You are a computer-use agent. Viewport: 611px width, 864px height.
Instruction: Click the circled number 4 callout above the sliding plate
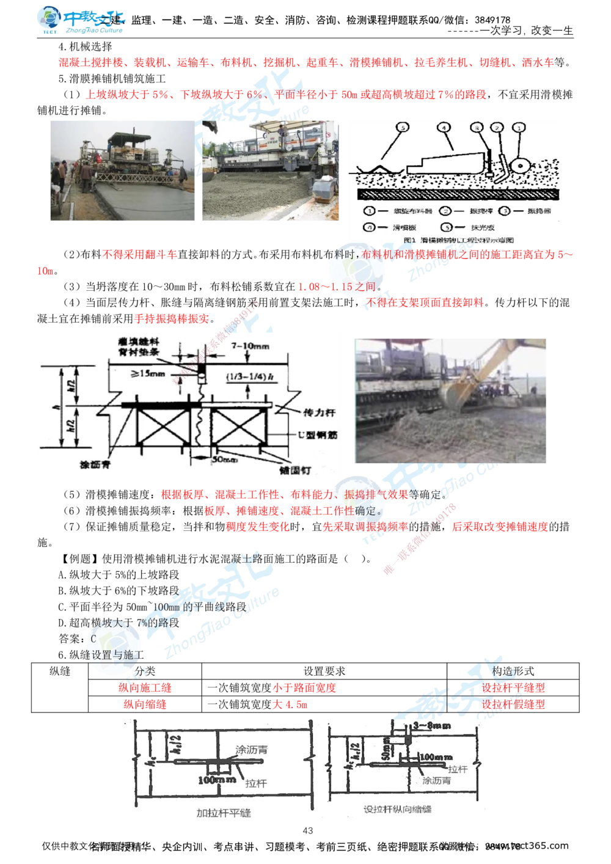pyautogui.click(x=443, y=128)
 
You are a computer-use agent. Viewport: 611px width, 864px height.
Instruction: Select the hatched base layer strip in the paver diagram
pyautogui.click(x=458, y=193)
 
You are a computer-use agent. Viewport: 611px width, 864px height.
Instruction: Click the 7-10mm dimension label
pyautogui.click(x=250, y=346)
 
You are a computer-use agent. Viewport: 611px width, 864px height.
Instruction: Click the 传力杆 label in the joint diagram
pyautogui.click(x=318, y=412)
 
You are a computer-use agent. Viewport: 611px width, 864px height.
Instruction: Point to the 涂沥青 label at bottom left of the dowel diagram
pyautogui.click(x=98, y=464)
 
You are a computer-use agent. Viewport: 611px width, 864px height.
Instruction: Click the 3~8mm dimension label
pyautogui.click(x=431, y=725)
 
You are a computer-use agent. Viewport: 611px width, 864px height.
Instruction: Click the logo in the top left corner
pyautogui.click(x=79, y=20)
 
